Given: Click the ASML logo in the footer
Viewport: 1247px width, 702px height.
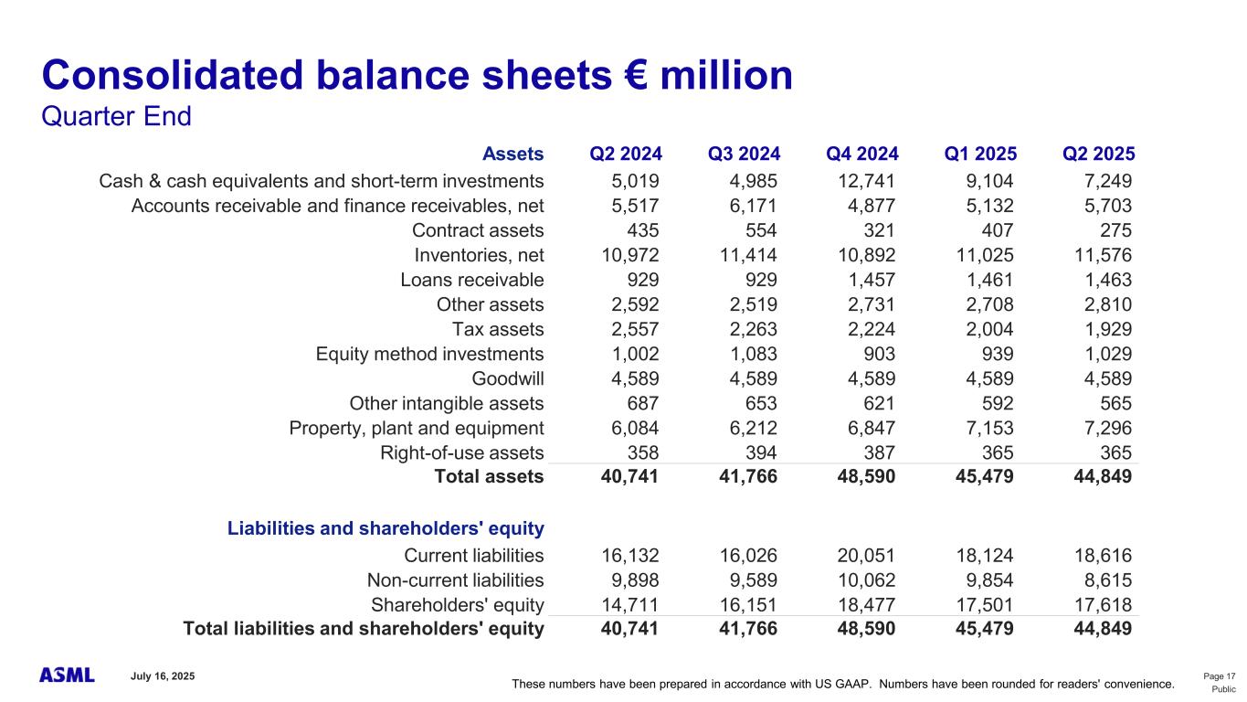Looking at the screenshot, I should [67, 675].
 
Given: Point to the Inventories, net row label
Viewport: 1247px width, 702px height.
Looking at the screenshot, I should [479, 255].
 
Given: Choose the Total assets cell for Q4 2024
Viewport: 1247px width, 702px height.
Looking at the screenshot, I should [861, 476].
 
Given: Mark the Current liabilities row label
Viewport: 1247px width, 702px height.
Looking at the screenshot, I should [473, 555].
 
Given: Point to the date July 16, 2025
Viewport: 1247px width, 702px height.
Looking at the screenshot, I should [163, 675].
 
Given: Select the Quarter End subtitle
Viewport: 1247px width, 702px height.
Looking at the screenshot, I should [117, 118].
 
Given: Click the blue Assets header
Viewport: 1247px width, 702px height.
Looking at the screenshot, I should [513, 154].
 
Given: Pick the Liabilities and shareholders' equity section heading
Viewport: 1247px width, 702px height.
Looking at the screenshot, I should [386, 528].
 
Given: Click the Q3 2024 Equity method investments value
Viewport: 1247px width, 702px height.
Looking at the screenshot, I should [747, 354].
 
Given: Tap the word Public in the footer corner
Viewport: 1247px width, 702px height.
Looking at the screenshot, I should [1223, 689].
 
